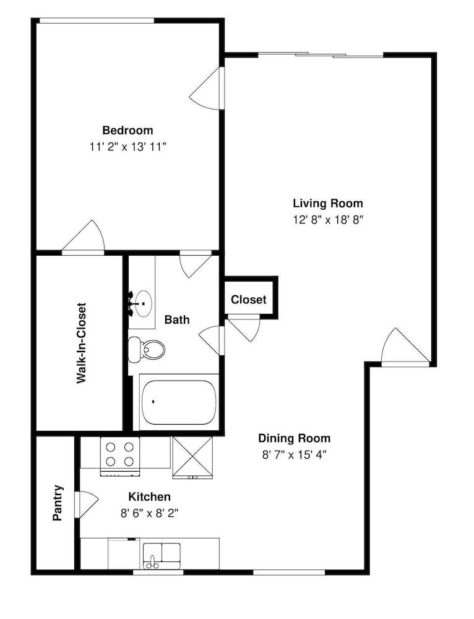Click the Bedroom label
point(127,131)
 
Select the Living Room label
point(327,203)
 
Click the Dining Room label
point(294,438)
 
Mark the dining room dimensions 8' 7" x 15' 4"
point(294,454)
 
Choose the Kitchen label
point(149,496)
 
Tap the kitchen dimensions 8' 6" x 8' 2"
point(149,513)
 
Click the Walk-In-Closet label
point(81,343)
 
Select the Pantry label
point(58,503)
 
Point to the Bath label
point(177,320)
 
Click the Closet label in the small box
point(249,300)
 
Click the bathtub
point(178,402)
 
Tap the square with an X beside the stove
point(192,457)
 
